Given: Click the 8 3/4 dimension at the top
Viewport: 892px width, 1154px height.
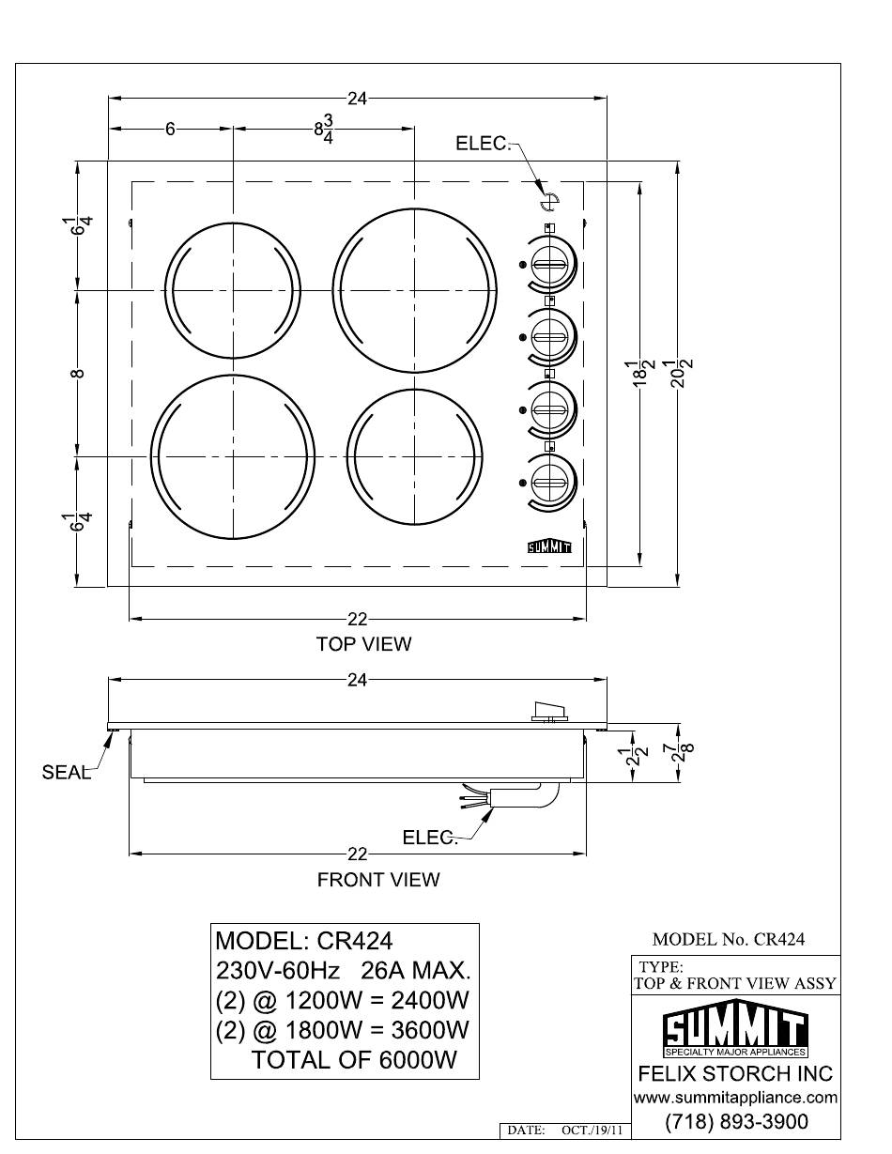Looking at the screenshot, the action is pos(324,130).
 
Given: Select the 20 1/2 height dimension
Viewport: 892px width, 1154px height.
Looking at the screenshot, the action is pos(684,374).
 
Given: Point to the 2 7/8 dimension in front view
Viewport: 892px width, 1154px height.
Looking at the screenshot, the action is pos(684,752).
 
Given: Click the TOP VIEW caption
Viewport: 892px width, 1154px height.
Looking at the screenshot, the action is pos(363,644).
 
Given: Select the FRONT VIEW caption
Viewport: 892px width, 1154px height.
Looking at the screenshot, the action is pos(378,880).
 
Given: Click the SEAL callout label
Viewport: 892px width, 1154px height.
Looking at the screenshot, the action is pos(67,772).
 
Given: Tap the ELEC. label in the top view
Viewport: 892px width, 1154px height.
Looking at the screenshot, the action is pos(483,144).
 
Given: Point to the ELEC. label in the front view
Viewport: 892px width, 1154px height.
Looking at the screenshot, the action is pos(429,838).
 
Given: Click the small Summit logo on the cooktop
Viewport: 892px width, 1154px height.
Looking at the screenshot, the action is pos(549,547).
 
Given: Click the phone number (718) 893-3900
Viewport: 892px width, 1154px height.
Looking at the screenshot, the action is pos(736,1121).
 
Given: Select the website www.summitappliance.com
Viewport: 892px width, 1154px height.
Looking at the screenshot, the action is pos(736,1097).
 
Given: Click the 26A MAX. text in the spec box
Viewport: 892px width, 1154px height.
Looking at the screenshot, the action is pos(416,971).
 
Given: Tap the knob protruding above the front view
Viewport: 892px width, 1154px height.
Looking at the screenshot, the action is pos(549,711).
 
